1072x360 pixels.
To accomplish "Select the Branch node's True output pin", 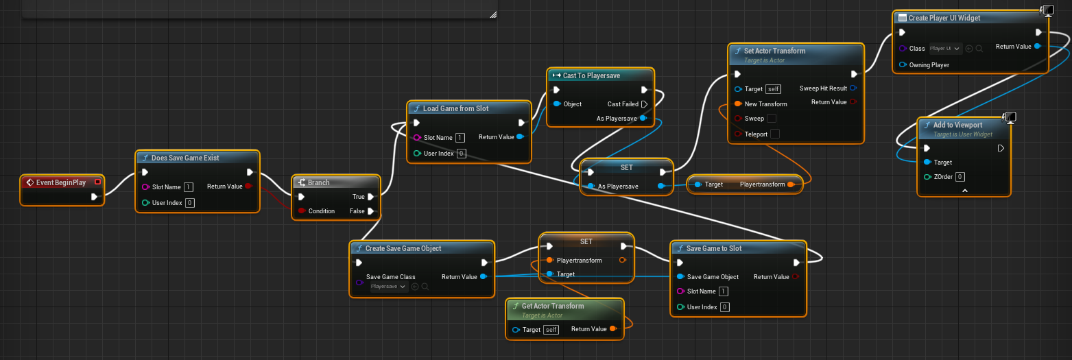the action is tap(371, 197).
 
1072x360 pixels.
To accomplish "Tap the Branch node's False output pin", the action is tap(371, 211).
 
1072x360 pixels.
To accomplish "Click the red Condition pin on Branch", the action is tap(302, 211).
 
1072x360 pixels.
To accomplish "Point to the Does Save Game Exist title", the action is tap(185, 158).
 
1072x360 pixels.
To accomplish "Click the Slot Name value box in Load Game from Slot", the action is tap(460, 138).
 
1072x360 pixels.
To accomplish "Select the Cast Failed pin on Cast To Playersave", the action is tap(644, 104).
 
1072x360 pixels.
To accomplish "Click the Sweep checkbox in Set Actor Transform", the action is tap(772, 118).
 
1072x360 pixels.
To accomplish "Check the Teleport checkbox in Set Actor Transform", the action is tap(775, 134).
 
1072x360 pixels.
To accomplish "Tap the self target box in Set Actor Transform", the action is tap(774, 89).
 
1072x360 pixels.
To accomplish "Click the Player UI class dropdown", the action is tap(945, 49).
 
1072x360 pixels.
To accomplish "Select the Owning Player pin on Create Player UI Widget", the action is tap(903, 64).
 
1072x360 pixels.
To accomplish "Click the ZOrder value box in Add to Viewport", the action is tap(960, 177).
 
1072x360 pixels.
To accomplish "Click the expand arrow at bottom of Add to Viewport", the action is tap(965, 191).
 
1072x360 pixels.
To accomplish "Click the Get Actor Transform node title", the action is tap(553, 306).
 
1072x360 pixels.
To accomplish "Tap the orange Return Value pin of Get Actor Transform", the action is tap(613, 329).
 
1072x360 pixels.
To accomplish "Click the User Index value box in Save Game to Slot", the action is tap(725, 307).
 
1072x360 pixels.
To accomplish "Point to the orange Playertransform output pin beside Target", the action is tap(791, 184).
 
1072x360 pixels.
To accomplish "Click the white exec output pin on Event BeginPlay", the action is tap(94, 197).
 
